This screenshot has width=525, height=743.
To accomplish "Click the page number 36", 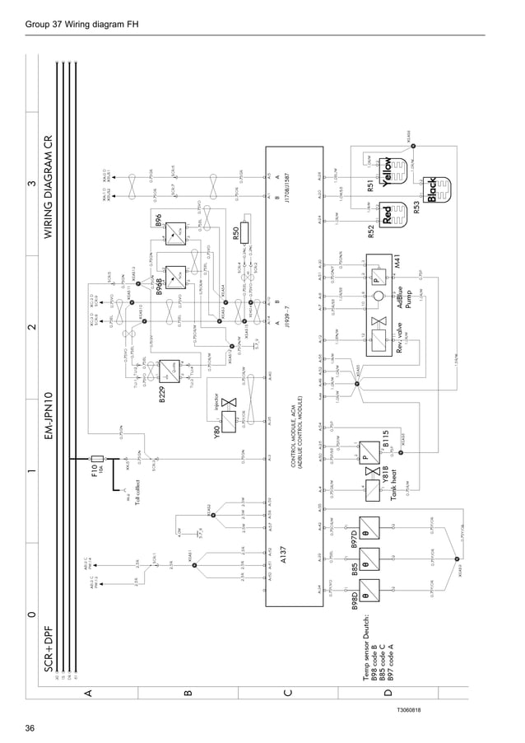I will click(30, 728).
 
